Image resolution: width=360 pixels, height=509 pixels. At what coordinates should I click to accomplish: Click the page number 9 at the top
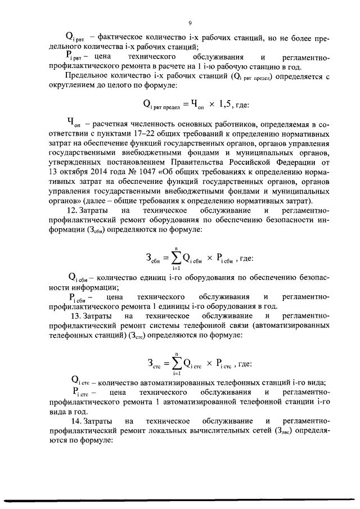(x=190, y=23)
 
